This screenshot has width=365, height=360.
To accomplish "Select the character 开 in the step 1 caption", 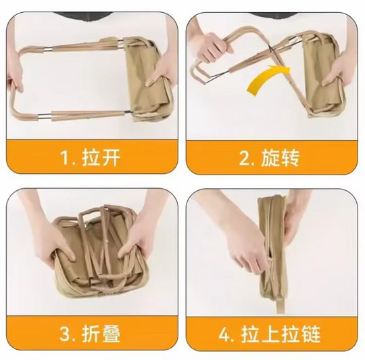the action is tap(111, 157).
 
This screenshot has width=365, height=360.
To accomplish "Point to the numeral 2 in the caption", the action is tap(245, 158).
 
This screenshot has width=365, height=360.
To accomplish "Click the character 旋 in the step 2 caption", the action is tap(270, 158).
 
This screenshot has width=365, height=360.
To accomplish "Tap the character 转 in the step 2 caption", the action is tap(290, 158).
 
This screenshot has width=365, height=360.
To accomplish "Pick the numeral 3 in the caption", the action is tap(65, 334).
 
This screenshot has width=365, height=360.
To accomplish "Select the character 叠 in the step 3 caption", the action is tap(111, 334).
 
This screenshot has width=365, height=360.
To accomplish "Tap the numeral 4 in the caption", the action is tap(224, 334).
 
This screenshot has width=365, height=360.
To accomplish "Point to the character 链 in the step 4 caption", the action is tap(312, 334).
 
